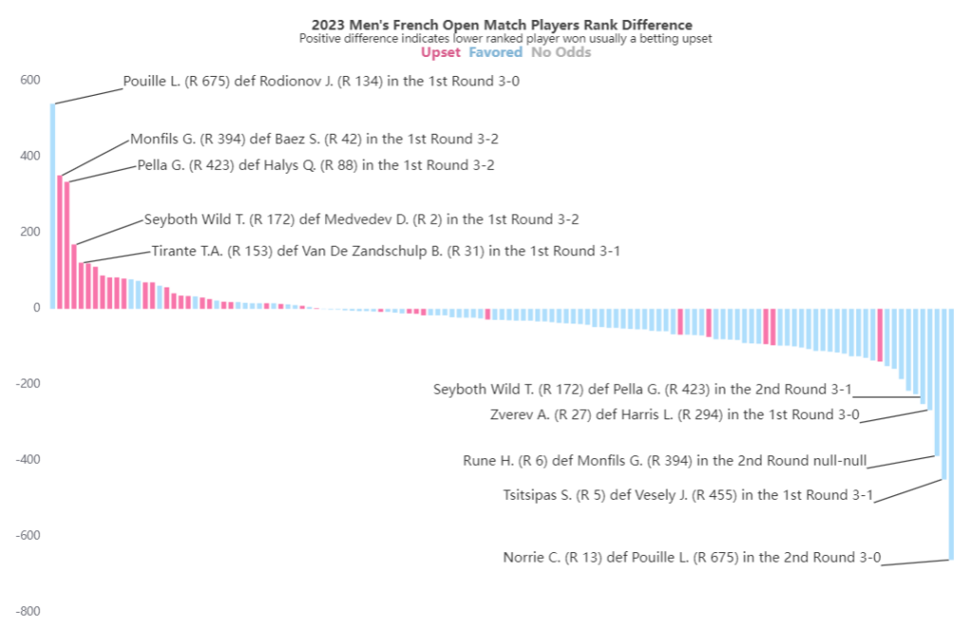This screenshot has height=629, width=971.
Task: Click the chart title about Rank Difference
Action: (x=502, y=25)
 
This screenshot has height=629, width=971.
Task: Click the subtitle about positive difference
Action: (x=504, y=39)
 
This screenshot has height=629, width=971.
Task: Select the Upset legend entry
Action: (x=440, y=53)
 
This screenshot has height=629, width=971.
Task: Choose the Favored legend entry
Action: (x=496, y=53)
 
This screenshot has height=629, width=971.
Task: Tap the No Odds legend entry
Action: (x=560, y=53)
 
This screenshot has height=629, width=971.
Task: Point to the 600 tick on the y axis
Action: (x=30, y=80)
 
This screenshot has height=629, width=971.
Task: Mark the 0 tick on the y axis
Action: (x=36, y=307)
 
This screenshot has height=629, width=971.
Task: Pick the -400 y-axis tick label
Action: (x=27, y=459)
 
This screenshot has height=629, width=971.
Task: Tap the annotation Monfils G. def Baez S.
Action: (x=314, y=139)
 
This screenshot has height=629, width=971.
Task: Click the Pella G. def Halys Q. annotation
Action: (x=316, y=165)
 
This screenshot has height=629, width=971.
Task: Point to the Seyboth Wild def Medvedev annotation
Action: (x=361, y=219)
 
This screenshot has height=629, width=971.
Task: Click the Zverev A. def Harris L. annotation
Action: (x=674, y=415)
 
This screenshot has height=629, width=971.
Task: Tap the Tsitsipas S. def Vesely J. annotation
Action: (x=687, y=494)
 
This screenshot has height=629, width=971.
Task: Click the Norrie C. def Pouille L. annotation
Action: (x=691, y=557)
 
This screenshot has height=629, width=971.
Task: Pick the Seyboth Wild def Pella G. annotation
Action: (x=642, y=389)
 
